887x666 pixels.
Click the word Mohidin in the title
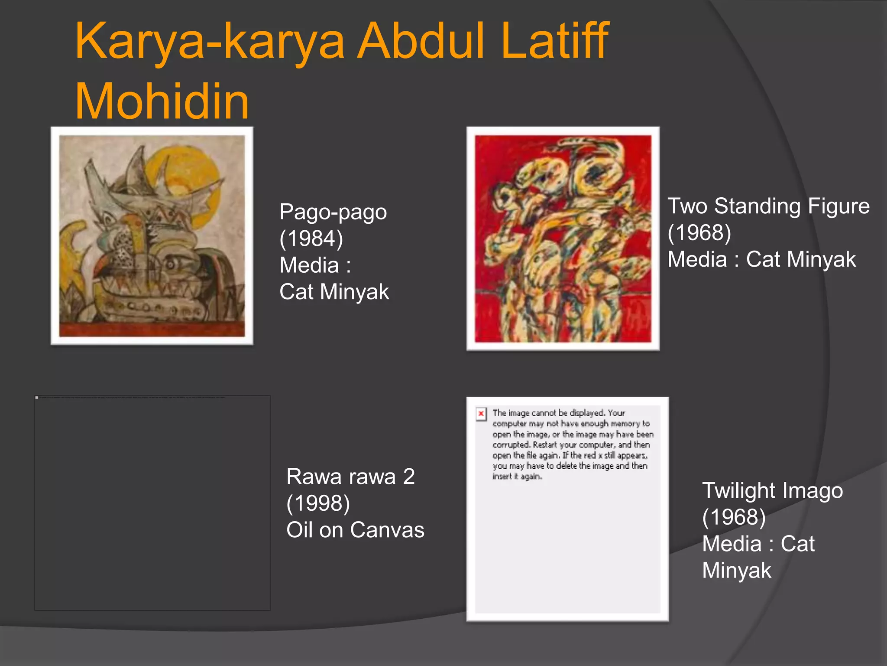[162, 102]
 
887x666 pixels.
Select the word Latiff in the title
[555, 41]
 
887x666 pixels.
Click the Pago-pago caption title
[333, 212]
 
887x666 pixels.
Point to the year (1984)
[311, 238]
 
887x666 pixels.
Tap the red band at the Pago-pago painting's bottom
[152, 329]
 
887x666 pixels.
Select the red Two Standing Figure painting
[563, 238]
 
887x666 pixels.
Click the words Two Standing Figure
[768, 206]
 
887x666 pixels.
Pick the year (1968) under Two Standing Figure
[699, 233]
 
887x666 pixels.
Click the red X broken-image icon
[481, 414]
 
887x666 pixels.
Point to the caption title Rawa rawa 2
[350, 477]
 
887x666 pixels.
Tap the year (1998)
[318, 503]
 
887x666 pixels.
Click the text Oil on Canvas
[355, 530]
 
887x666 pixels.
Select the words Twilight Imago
[772, 491]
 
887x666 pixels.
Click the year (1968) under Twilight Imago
[734, 517]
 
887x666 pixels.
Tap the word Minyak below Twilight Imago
[736, 571]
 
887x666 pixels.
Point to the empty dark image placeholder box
[152, 503]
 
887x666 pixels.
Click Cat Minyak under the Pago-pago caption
[334, 292]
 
